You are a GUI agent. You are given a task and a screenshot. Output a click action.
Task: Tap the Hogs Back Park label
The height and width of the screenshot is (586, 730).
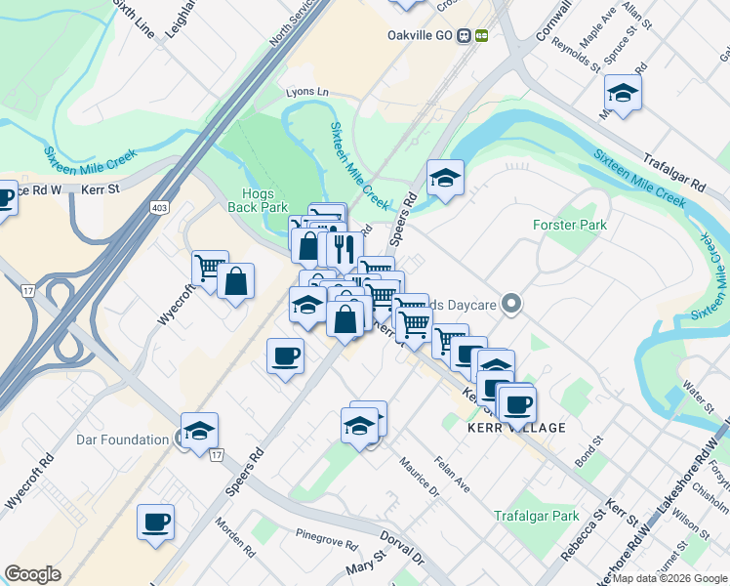[258, 200]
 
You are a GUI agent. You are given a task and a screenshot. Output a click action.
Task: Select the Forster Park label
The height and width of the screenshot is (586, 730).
[570, 225]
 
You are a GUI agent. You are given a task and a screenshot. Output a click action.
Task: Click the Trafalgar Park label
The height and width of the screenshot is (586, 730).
[536, 516]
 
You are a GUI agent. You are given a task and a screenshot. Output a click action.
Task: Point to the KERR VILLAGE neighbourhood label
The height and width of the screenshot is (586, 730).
[516, 428]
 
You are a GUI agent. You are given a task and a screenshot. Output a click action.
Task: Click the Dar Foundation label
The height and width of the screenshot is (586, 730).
[122, 439]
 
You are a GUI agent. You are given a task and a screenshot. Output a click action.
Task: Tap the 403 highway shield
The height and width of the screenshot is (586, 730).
[158, 207]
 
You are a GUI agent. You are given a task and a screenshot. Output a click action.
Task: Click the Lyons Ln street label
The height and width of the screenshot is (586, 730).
[307, 92]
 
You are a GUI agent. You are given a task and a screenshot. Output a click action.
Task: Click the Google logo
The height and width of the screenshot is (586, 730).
[32, 574]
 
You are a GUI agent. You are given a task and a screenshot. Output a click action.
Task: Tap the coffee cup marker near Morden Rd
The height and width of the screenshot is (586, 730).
[155, 522]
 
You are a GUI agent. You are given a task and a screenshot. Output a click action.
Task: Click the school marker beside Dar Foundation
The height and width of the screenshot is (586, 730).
[199, 431]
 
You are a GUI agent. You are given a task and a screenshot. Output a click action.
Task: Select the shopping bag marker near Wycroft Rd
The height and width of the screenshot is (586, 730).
[236, 281]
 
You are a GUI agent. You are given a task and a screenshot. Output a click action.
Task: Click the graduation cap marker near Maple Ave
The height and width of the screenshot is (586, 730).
[622, 93]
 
